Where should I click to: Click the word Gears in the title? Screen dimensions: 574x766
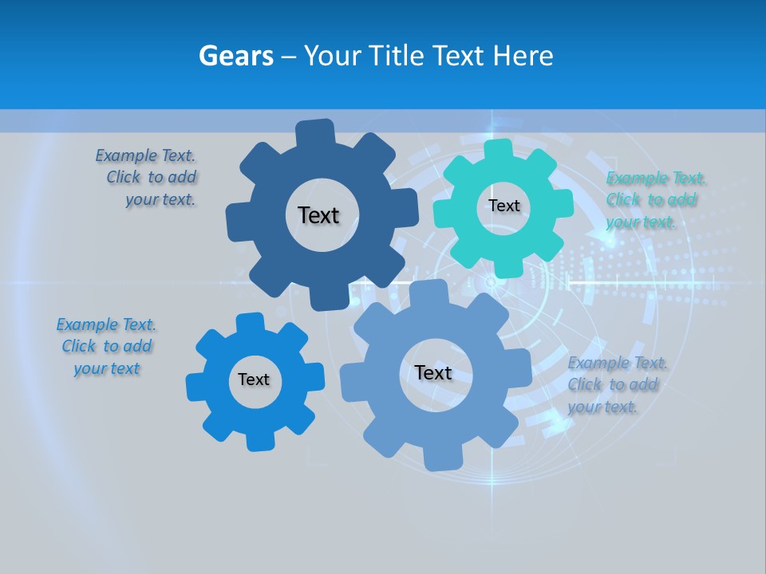(235, 57)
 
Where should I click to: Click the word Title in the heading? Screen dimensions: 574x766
(396, 57)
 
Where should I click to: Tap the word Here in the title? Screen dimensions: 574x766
(523, 57)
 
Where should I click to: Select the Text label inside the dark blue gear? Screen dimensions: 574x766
(318, 215)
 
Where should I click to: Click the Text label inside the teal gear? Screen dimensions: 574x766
(503, 206)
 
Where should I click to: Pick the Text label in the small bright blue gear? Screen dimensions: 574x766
(254, 379)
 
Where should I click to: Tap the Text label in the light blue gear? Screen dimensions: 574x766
(433, 372)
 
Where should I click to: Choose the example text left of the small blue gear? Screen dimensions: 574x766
(107, 347)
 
